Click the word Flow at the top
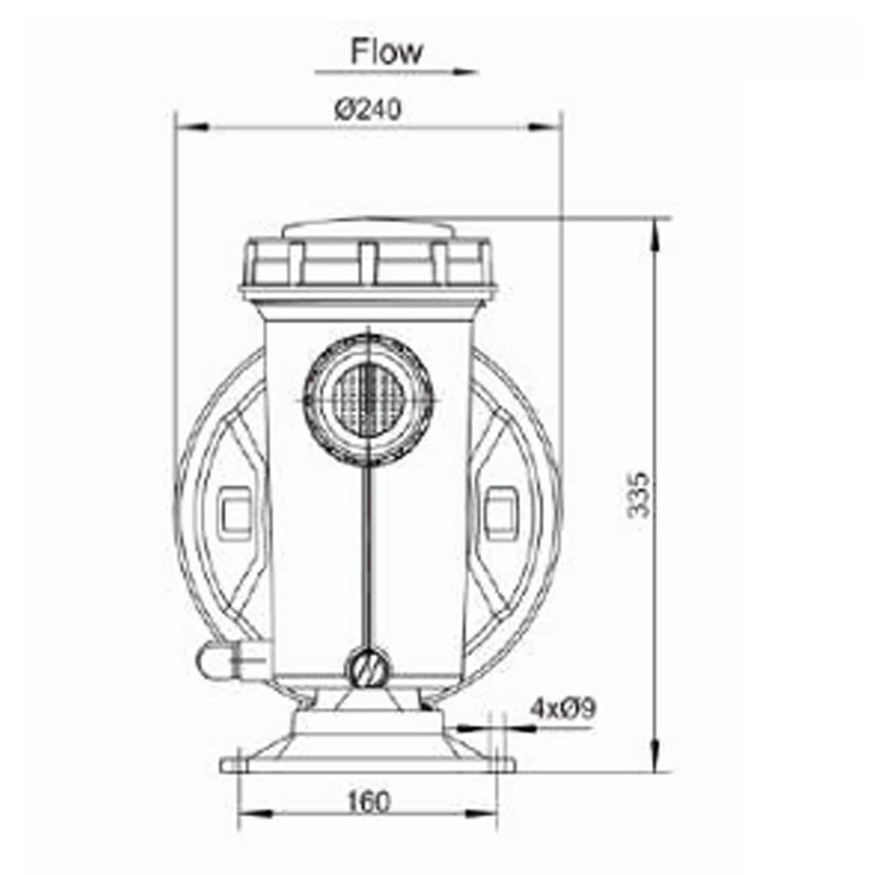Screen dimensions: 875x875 click(386, 52)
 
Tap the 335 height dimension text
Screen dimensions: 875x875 click(640, 493)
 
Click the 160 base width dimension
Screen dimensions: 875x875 click(369, 801)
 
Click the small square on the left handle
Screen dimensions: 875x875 click(236, 512)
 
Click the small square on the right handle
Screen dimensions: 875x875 click(502, 512)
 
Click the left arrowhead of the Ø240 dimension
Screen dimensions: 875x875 click(188, 127)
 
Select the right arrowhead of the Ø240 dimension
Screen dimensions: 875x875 click(550, 127)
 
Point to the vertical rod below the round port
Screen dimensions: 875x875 click(369, 559)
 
